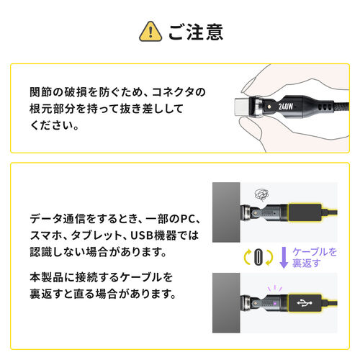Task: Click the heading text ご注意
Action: click(x=195, y=32)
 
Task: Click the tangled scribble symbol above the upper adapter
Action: click(x=264, y=195)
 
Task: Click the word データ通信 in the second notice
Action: click(x=64, y=218)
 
